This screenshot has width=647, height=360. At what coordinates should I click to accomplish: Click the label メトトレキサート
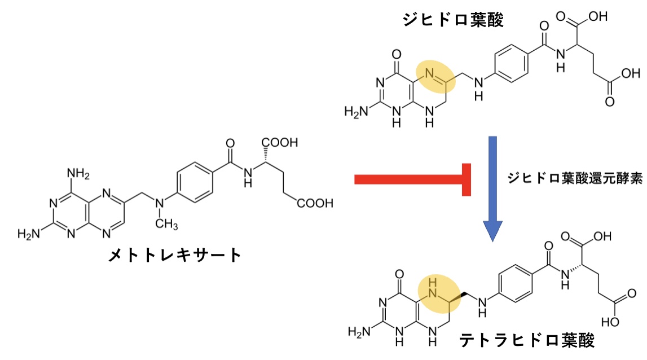click(x=175, y=255)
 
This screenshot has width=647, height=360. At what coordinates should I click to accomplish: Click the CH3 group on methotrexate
click(x=167, y=225)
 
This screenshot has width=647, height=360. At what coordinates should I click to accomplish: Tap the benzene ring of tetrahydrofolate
click(x=516, y=283)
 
